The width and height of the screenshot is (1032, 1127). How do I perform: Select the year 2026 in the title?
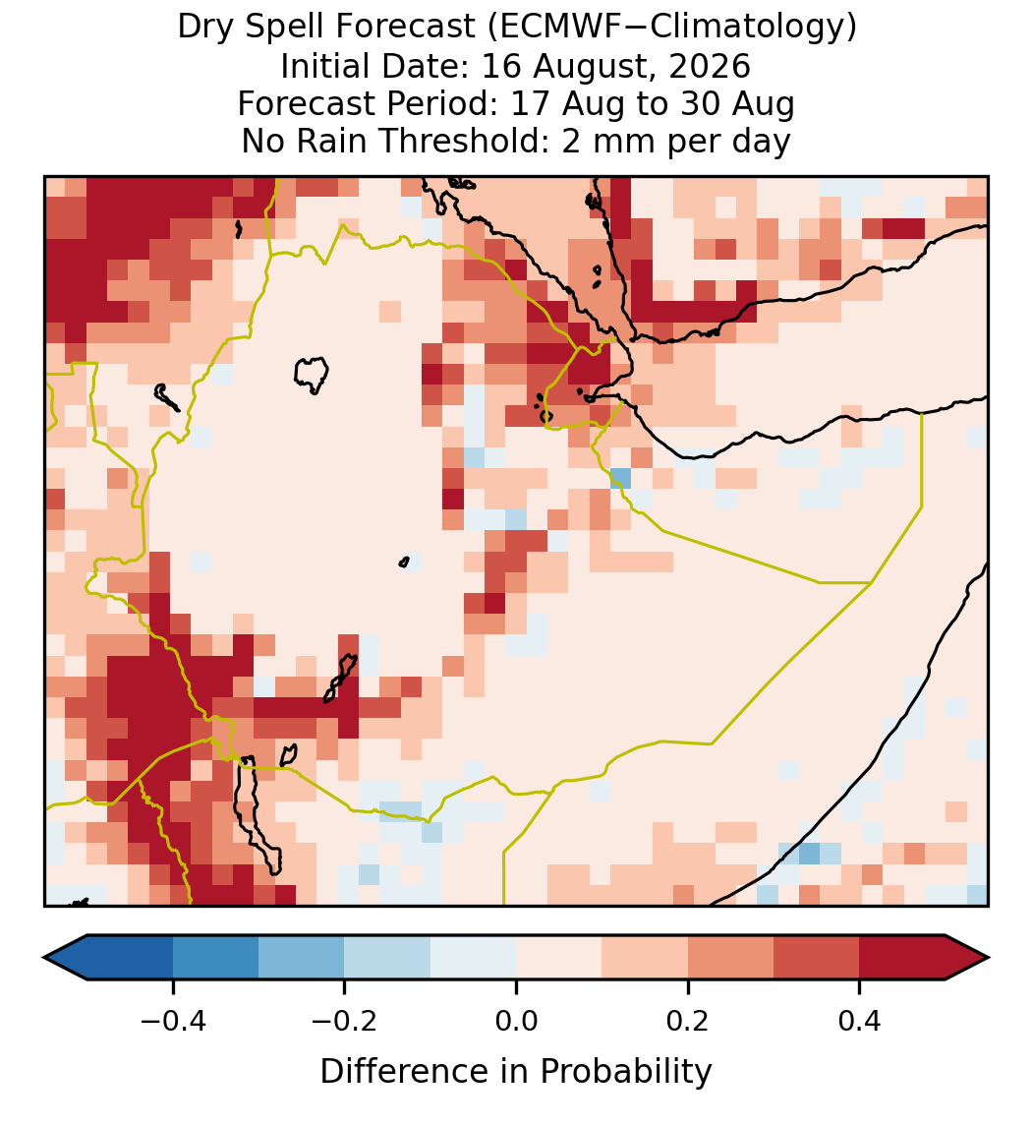(x=710, y=66)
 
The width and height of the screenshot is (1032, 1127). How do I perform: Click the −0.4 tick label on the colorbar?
(x=172, y=1022)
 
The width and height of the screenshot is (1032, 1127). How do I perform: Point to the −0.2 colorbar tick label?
(x=344, y=1022)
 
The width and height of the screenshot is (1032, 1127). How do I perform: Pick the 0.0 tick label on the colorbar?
(x=516, y=1022)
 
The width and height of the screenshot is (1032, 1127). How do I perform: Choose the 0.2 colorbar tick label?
(x=688, y=1022)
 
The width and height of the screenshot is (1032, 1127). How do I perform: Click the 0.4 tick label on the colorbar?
(x=860, y=1022)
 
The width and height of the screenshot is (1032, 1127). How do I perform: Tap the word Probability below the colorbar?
(x=625, y=1072)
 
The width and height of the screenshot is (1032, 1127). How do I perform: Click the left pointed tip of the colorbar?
(x=44, y=958)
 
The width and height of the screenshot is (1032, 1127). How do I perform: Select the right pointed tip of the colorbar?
(x=990, y=958)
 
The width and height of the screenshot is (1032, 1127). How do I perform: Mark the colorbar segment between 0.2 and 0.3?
(x=730, y=958)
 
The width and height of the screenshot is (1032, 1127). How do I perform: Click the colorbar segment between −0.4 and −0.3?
(x=215, y=958)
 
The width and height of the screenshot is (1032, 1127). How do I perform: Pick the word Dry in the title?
(x=206, y=29)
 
